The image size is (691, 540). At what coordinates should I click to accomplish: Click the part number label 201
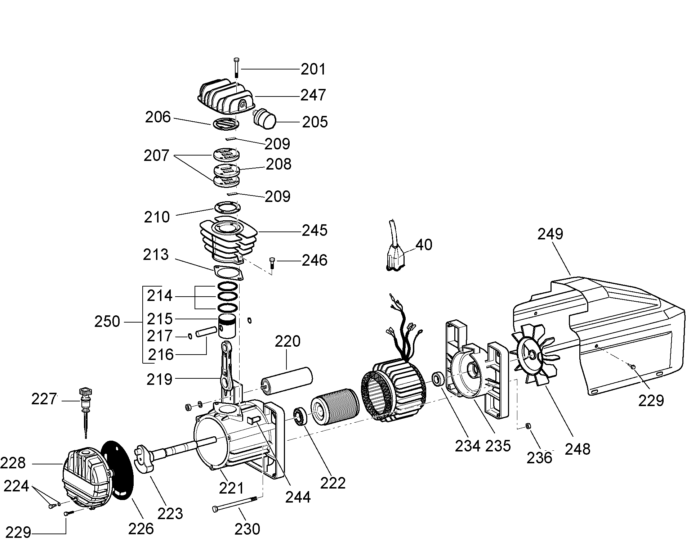coord(313,69)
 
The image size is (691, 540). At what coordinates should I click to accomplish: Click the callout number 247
coord(313,95)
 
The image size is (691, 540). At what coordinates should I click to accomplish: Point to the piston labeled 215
coord(227,326)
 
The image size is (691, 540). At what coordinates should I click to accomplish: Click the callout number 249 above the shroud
coord(550,234)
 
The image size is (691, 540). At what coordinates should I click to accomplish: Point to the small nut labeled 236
coord(527,426)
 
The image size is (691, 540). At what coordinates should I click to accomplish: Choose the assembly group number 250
coord(107,321)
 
